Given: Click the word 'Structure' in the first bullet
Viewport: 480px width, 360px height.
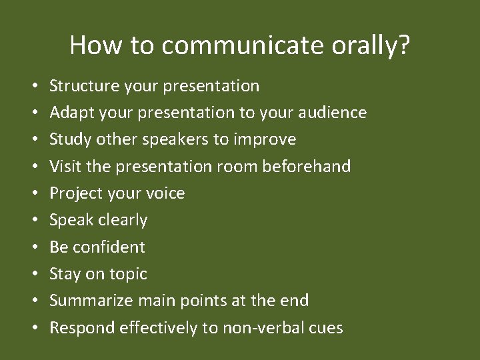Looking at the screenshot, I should point(83,86).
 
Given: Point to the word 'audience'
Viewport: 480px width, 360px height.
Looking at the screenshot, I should point(332,113).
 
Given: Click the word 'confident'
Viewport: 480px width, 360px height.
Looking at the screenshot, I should point(109,247).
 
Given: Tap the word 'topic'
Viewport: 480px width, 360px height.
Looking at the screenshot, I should point(128,273).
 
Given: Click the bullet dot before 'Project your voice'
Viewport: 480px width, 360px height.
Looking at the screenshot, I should point(33,193).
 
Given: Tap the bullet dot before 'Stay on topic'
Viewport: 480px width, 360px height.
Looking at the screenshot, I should point(33,274).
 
